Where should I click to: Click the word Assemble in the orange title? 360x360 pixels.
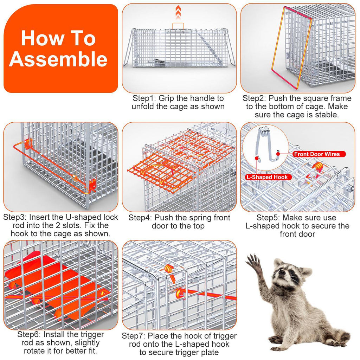pos(58,59)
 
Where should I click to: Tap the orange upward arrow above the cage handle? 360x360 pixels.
pos(178,13)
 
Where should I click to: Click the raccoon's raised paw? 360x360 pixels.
pos(254,262)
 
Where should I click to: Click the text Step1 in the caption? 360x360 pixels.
pos(144,98)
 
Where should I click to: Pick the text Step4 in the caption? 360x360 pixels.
pos(140,218)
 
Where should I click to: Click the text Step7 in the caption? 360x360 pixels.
pos(134,336)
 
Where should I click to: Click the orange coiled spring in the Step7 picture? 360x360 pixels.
pos(169,269)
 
